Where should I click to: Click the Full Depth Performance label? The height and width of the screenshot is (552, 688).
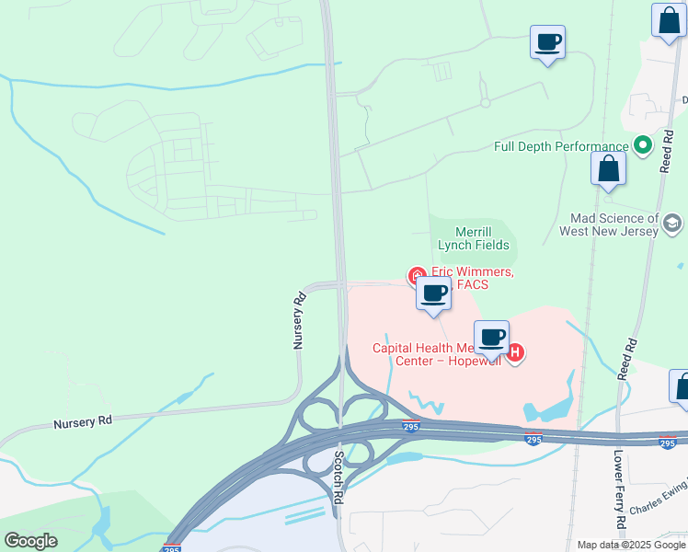[x=560, y=146]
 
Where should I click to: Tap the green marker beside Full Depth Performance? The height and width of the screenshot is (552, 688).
[x=642, y=145]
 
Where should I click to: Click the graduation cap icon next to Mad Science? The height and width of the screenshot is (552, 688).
[x=672, y=223]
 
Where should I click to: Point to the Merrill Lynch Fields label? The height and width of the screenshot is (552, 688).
[x=474, y=238]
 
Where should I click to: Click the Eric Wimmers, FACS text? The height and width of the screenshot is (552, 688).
[x=472, y=278]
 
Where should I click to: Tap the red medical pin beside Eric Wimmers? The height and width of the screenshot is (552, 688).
[x=416, y=275]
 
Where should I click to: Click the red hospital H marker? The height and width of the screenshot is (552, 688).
[x=516, y=351]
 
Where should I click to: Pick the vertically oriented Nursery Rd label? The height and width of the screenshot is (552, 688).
[x=298, y=320]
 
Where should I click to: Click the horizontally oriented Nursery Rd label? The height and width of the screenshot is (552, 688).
[x=82, y=421]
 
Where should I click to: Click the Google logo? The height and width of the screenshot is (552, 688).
[x=30, y=540]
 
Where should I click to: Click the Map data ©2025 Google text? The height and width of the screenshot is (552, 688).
[x=630, y=545]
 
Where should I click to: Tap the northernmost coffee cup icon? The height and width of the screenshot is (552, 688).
[x=547, y=41]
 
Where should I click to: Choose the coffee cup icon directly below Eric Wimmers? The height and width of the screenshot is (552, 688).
[x=434, y=293]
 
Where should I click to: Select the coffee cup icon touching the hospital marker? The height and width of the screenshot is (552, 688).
[x=491, y=337]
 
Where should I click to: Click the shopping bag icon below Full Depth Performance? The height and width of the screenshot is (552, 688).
[x=608, y=168]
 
